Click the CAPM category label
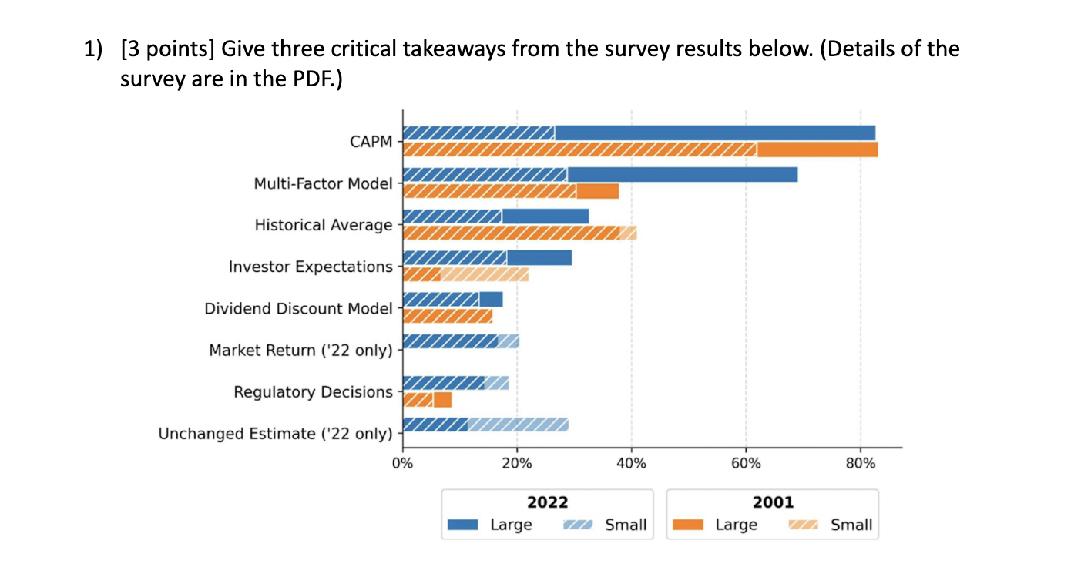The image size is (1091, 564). point(371,142)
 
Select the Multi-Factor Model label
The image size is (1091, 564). point(323,183)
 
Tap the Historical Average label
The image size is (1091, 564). point(324,225)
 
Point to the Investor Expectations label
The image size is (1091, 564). point(311,267)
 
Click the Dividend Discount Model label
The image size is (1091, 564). point(298,308)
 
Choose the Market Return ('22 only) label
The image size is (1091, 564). point(300,351)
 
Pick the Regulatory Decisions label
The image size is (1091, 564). point(313,392)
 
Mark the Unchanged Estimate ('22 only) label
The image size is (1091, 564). point(275,434)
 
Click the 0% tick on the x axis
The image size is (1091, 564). point(402,464)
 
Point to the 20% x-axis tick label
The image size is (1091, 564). point(516,464)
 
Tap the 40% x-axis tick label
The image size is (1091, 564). point(631,464)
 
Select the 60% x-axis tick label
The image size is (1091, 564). point(746,464)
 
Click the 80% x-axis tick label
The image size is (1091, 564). point(860,464)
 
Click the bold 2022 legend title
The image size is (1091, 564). point(547,502)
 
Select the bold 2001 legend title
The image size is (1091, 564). point(772,502)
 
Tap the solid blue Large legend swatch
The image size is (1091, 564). point(465,525)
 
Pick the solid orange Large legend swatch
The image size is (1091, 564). point(690,525)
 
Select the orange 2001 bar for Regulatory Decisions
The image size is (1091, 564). point(427,400)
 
